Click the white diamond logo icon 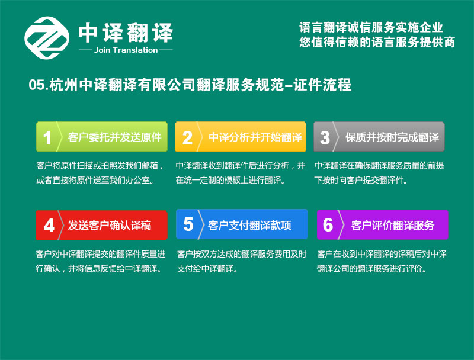(x=47, y=38)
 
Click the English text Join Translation (x=126, y=50)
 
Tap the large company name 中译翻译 (x=126, y=33)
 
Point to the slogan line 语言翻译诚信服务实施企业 (x=371, y=27)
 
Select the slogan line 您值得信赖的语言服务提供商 (x=377, y=42)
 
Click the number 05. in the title (x=39, y=85)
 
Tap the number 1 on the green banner (x=47, y=138)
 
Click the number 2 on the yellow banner (x=187, y=138)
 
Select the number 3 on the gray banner (x=325, y=138)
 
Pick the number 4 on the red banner (x=49, y=226)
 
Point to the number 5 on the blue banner (x=188, y=224)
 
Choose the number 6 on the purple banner (x=328, y=225)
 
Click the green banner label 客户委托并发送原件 (x=114, y=137)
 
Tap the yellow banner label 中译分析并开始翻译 (x=255, y=137)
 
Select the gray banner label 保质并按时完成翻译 (x=392, y=137)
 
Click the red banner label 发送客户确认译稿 (x=110, y=226)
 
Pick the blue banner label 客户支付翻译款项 (x=249, y=226)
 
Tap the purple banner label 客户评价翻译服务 (x=393, y=226)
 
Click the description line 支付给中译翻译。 (x=207, y=268)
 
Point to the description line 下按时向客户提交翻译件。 (x=361, y=181)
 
